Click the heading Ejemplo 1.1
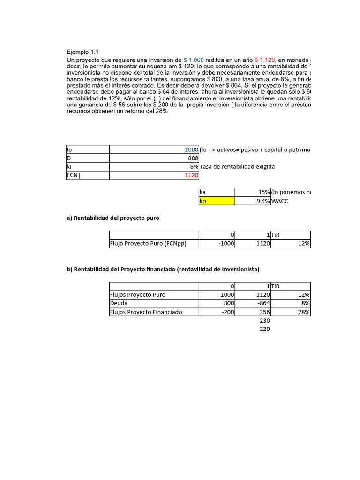click(82, 52)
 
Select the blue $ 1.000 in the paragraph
click(193, 60)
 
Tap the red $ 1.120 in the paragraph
click(265, 60)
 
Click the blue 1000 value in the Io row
click(191, 150)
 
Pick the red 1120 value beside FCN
click(191, 175)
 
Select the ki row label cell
click(88, 166)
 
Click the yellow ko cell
click(217, 201)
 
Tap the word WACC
click(280, 201)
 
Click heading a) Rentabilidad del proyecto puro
click(113, 218)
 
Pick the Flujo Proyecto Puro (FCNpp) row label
click(154, 244)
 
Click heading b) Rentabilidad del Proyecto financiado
click(163, 269)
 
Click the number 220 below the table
click(265, 329)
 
